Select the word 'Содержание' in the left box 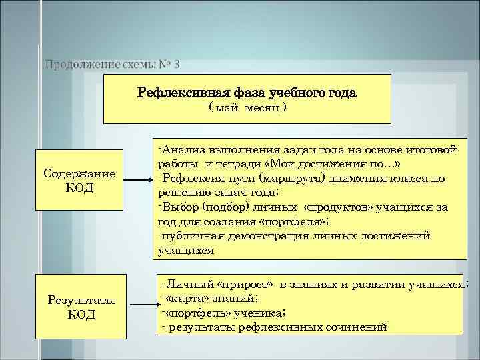[79, 174]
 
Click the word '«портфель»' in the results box [199, 313]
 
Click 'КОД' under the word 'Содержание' [80, 188]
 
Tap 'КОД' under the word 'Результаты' [81, 314]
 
